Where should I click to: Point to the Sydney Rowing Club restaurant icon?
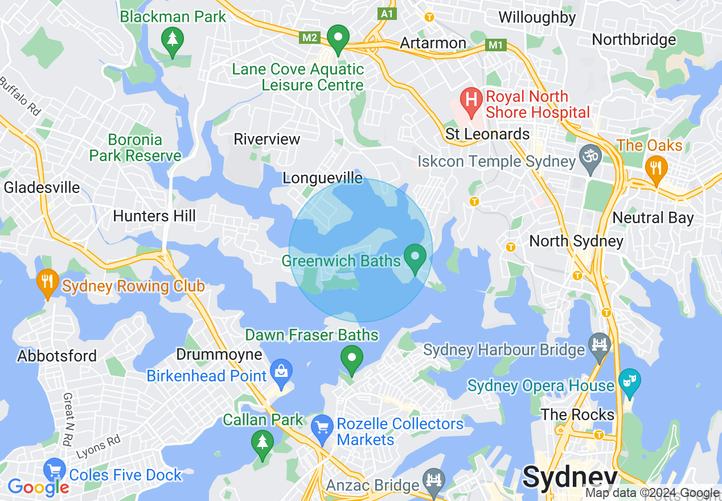pos(47,281)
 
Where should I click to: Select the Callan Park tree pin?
pos(262,442)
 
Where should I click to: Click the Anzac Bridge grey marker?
pos(434,480)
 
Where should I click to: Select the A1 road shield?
pos(387,14)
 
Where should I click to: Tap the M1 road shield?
pos(497,44)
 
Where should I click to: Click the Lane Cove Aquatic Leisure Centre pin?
pos(338,39)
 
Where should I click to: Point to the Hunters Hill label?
pos(154,216)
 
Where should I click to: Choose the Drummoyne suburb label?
pos(219,355)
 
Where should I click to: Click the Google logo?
pos(38,487)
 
